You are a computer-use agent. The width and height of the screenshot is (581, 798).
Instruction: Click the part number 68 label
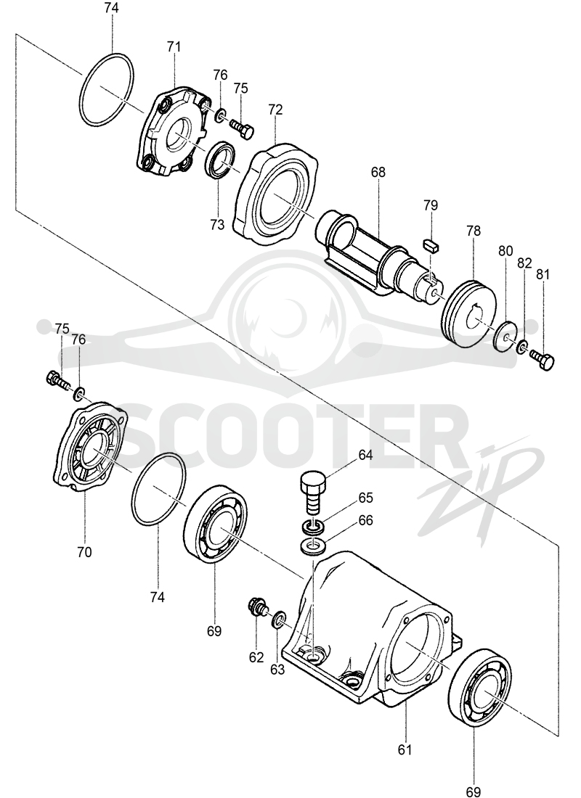(x=378, y=172)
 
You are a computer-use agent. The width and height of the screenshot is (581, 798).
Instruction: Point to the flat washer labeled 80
(x=506, y=337)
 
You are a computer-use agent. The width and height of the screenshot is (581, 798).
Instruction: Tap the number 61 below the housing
(x=405, y=749)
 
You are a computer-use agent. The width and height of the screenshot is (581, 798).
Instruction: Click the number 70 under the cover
(x=84, y=551)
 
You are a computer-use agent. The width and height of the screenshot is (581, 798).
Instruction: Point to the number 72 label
(x=275, y=110)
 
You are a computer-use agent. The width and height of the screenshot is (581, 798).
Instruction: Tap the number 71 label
(x=174, y=47)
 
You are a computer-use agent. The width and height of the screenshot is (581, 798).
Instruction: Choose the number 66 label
(x=366, y=519)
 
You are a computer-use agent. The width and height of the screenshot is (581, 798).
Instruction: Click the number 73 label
(x=216, y=224)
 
